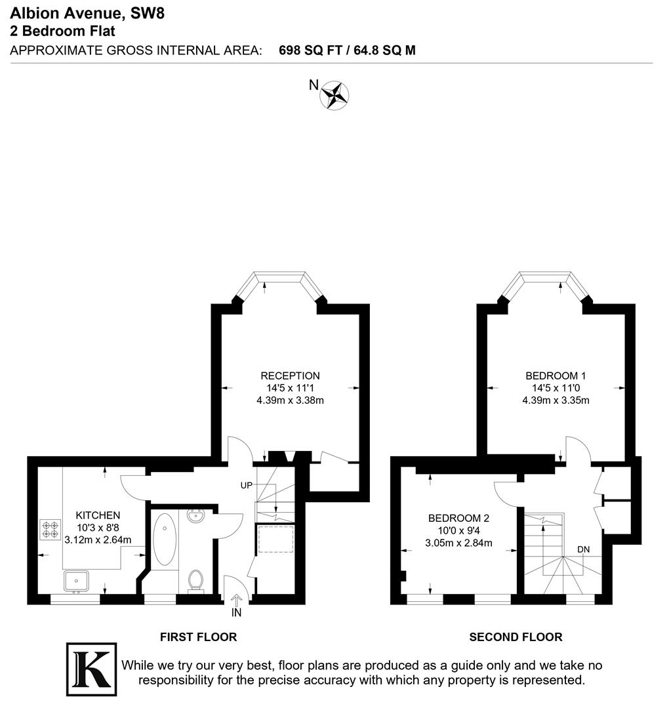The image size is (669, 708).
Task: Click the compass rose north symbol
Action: pos(334,95)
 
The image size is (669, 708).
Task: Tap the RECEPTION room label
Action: pos(290,376)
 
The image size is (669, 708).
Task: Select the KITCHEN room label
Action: pos(98,515)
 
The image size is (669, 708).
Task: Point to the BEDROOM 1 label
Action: pos(556,376)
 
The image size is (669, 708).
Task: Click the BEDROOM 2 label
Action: pos(458,518)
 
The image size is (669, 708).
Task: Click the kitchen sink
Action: pos(77,580)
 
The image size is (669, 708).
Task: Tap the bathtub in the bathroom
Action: pos(164,539)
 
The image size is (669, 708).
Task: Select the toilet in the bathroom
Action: pos(195,580)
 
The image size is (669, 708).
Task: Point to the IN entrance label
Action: pos(237,614)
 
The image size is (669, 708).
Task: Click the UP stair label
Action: pos(247,486)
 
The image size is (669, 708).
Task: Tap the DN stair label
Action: pos(583,549)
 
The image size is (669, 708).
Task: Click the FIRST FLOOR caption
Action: pos(198,637)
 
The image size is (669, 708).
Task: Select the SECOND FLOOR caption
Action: pos(516,637)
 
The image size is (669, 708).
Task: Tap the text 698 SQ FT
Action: pos(310,50)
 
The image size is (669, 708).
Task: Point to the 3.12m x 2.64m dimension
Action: pos(98,540)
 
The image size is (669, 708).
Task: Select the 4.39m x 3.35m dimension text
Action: pos(556,400)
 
